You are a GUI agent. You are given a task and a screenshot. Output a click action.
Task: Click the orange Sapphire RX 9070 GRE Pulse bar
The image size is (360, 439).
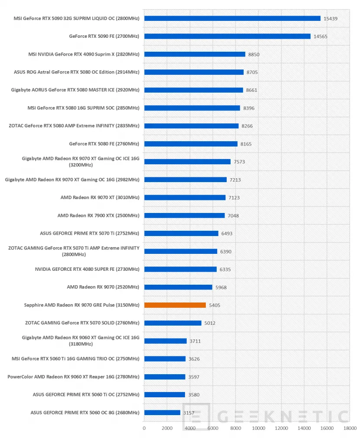click(175, 305)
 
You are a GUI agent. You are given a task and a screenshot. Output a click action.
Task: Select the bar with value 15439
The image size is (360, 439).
click(232, 18)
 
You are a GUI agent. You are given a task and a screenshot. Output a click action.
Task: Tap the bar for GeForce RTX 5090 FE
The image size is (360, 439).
click(228, 36)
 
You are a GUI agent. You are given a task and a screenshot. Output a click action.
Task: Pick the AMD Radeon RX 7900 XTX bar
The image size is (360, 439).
click(184, 215)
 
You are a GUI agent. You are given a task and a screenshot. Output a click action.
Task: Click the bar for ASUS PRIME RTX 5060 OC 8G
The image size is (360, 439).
click(162, 412)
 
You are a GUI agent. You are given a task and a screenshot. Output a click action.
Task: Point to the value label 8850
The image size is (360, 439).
click(254, 54)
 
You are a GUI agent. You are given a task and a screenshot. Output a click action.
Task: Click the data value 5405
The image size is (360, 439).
click(215, 305)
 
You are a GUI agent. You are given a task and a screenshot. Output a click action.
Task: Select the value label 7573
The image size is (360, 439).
click(239, 162)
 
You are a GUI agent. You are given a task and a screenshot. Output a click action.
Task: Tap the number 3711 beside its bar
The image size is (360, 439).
click(195, 341)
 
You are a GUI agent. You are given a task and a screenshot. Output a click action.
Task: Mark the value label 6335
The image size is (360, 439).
click(225, 269)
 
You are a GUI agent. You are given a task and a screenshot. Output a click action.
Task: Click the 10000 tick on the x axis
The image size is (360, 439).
click(258, 428)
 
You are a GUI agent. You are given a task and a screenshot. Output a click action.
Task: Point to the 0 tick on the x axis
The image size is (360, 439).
click(144, 428)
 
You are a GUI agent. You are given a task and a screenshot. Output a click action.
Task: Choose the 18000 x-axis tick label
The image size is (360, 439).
click(350, 428)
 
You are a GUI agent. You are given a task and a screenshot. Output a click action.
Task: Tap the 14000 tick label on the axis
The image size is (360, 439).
click(304, 428)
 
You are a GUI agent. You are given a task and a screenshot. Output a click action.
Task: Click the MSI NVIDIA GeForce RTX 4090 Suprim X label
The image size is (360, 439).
click(84, 54)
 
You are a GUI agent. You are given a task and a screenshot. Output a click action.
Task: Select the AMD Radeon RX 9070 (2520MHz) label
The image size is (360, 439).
click(103, 287)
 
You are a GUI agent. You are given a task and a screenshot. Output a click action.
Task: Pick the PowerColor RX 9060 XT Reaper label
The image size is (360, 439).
click(73, 376)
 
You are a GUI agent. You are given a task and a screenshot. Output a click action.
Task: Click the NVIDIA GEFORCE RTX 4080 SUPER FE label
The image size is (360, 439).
click(87, 269)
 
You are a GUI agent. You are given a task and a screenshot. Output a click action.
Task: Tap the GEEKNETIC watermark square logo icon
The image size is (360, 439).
click(196, 416)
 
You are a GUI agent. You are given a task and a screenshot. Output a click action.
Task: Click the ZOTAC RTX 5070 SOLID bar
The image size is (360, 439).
click(173, 323)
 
